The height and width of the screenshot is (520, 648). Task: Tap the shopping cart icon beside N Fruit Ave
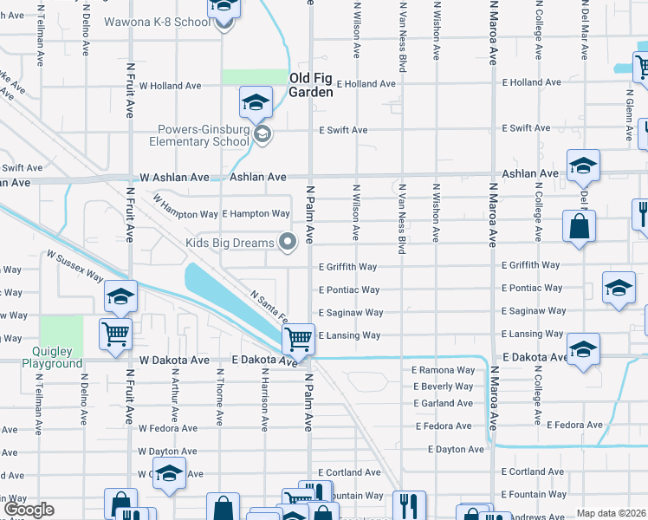pos(116,333)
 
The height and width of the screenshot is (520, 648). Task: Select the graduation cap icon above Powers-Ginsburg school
pos(256,104)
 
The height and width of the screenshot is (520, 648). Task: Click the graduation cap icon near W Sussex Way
pos(121,296)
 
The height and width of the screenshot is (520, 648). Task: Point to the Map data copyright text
pos(611,513)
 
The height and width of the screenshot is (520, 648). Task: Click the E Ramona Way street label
pos(444,370)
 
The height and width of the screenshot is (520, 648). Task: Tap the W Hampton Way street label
pos(185,213)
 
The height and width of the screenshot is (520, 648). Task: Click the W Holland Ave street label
pos(171,86)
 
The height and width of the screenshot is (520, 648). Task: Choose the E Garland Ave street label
pos(443,403)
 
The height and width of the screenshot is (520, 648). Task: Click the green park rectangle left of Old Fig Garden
pos(254,77)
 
